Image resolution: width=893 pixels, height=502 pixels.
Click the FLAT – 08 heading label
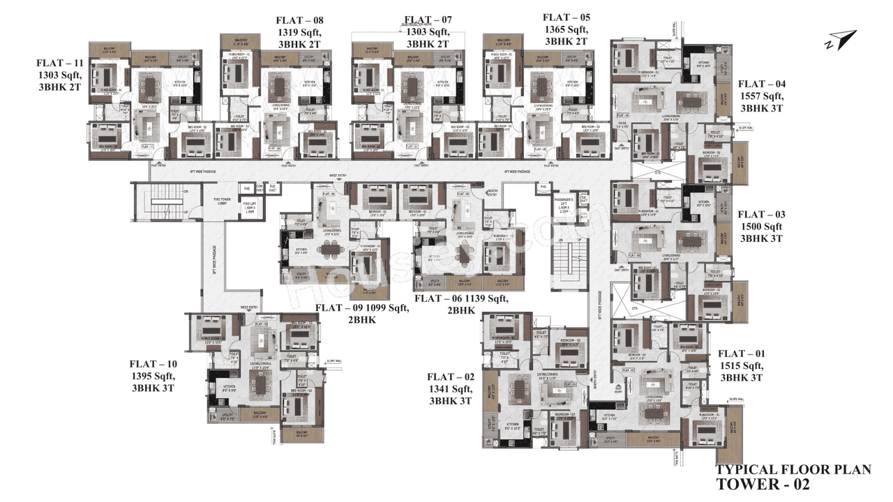299,20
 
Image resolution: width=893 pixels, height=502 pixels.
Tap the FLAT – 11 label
59,63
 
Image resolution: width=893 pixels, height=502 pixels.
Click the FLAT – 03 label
761,214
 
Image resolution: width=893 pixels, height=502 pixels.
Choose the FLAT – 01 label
741,353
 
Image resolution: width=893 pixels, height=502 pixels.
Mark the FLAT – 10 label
153,364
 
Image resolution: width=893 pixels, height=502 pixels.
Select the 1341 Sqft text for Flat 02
451,389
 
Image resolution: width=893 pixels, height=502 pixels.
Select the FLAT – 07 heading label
428,20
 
